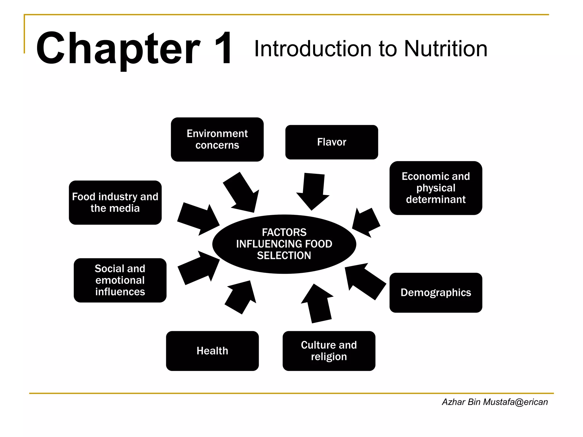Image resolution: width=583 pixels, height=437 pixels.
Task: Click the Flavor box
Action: [x=332, y=142]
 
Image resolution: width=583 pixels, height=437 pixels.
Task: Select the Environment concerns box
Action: [x=217, y=139]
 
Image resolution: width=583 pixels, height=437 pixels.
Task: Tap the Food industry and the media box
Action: [x=115, y=203]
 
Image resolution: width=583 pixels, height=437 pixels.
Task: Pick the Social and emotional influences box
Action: [x=120, y=280]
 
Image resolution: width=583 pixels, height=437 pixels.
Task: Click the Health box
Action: [x=212, y=351]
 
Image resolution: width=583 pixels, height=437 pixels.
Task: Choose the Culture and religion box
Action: [x=329, y=351]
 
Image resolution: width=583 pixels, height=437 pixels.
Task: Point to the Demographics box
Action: [x=436, y=292]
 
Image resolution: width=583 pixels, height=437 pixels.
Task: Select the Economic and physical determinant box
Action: [x=436, y=188]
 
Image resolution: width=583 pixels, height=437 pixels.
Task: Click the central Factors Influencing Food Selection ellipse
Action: [x=284, y=244]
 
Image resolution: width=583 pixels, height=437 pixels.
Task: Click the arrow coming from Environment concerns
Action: [x=242, y=193]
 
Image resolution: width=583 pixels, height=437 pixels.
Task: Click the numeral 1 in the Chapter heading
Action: [x=223, y=48]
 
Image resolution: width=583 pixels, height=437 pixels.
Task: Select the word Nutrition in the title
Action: [x=446, y=49]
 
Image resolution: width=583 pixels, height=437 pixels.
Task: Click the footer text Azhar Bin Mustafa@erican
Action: [x=495, y=402]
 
